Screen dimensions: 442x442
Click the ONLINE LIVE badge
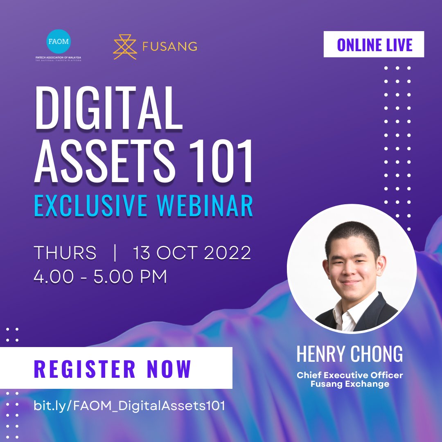click(x=374, y=45)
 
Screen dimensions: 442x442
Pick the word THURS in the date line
click(x=65, y=253)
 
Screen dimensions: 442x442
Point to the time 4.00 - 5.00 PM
click(x=100, y=276)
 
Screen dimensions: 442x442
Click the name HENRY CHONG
click(x=350, y=354)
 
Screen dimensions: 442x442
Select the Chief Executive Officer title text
click(x=350, y=375)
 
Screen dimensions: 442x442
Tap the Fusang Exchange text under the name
click(x=350, y=384)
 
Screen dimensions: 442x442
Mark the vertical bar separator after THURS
click(x=115, y=253)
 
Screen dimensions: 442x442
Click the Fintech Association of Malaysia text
click(x=58, y=57)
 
